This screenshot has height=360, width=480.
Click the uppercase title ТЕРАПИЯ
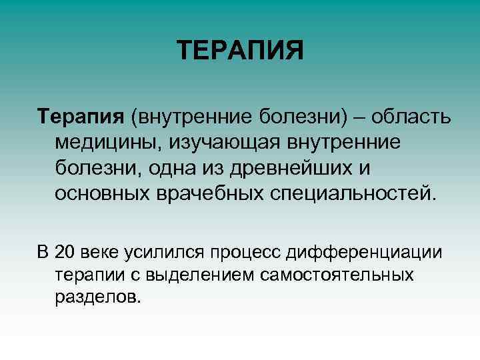coord(240,51)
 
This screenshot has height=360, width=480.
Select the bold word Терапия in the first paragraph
coord(79,117)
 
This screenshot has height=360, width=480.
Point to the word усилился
coord(171,253)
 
